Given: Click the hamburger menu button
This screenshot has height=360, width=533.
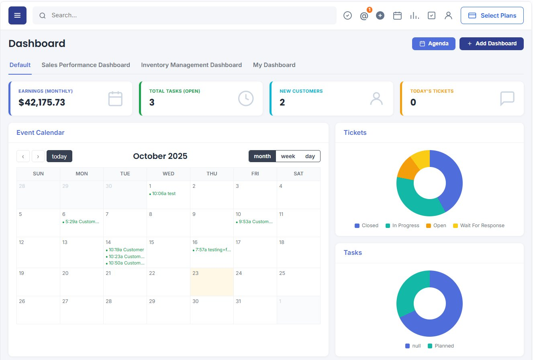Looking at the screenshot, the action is (17, 16).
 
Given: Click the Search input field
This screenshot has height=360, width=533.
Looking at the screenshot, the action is (184, 16).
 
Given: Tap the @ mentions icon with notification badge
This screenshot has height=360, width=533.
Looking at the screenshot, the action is (364, 16).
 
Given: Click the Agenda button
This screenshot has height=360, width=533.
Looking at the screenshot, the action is (433, 43).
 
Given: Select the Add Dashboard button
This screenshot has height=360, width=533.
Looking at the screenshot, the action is (491, 43).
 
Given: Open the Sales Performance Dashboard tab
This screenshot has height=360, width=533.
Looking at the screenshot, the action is (86, 65).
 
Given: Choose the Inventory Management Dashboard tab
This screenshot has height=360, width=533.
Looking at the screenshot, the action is (191, 65).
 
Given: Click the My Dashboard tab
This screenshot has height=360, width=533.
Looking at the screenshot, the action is (274, 65).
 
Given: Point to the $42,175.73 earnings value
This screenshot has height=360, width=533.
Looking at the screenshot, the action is (42, 102).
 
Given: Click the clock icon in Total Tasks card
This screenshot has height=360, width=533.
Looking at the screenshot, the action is (246, 98).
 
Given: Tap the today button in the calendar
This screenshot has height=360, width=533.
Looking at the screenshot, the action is (59, 156).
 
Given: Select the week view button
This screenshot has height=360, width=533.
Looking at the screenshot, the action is (288, 156).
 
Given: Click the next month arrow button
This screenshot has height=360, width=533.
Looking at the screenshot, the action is (38, 156).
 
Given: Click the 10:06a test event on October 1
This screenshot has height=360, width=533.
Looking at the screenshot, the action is (162, 193).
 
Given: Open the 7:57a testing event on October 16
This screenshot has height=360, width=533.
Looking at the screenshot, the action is (212, 250).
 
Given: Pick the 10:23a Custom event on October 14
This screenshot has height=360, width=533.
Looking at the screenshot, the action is (125, 256).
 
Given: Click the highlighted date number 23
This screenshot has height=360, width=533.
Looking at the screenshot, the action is (195, 273).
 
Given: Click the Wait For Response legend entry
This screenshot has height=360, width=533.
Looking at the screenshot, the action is (479, 226).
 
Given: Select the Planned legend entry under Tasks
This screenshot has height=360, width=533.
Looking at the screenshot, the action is (441, 346).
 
